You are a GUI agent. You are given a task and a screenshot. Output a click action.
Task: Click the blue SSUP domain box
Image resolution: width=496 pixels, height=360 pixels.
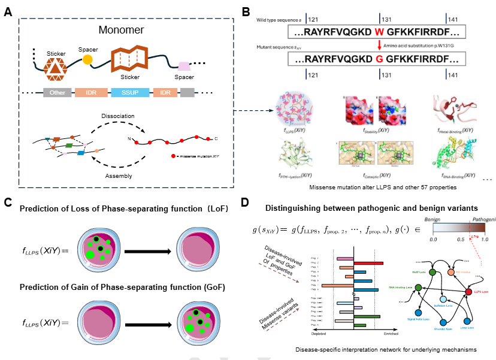coord(131,93)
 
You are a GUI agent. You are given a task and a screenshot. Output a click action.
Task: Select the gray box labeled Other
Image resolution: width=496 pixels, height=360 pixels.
coord(58,93)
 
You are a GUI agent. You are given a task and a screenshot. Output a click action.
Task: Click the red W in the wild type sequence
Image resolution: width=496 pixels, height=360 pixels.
coord(379,32)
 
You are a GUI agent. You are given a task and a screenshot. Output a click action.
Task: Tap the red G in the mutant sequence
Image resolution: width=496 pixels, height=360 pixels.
coord(379,59)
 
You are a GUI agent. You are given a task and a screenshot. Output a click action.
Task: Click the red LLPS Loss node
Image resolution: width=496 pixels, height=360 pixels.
coord(469,292)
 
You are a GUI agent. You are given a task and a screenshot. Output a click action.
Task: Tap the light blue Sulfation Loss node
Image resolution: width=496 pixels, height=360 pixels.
coord(443,298)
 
